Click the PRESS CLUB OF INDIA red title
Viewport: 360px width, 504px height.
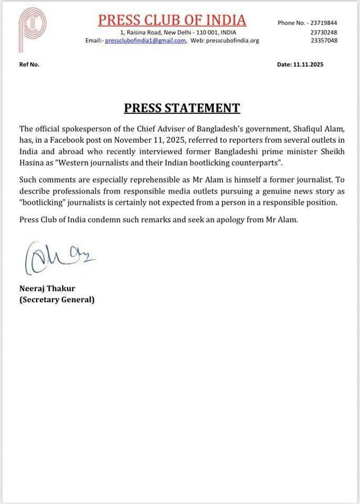pos(172,20)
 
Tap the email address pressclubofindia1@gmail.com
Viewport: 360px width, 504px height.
pos(145,40)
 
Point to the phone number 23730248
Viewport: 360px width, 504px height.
pos(324,32)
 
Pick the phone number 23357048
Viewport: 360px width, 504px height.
pos(324,40)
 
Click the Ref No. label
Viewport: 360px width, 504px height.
pos(29,65)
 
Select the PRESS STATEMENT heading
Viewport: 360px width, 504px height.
pos(182,108)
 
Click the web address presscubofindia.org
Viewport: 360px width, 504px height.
pos(232,40)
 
